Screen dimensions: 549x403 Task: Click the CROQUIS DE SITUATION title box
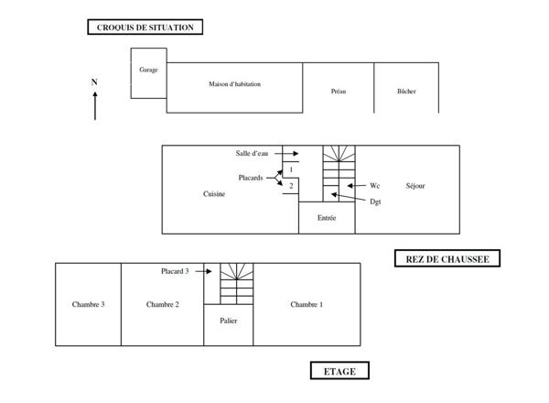[x=145, y=27]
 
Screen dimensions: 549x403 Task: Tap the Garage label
[x=148, y=70]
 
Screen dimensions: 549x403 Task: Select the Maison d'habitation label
[x=234, y=84]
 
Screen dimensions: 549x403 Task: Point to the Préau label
[x=339, y=91]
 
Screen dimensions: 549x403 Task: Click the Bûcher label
[x=406, y=91]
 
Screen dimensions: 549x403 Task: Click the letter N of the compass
[x=94, y=82]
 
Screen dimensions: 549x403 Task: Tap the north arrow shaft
[x=95, y=106]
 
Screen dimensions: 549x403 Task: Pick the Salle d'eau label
[x=252, y=153]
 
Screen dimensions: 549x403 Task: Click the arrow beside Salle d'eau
[x=286, y=154]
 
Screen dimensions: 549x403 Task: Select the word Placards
[x=251, y=178]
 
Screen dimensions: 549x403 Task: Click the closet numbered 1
[x=291, y=169]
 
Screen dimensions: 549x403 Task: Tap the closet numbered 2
[x=291, y=186]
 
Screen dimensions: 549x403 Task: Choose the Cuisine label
[x=214, y=194]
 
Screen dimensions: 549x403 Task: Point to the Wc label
[x=374, y=186]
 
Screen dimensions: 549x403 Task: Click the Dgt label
[x=375, y=201]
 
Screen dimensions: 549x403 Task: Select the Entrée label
[x=327, y=218]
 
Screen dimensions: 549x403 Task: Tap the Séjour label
[x=415, y=186]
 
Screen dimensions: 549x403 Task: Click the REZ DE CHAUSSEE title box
[x=447, y=258]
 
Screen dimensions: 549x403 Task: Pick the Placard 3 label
[x=175, y=271]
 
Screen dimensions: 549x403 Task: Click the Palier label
[x=228, y=321]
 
